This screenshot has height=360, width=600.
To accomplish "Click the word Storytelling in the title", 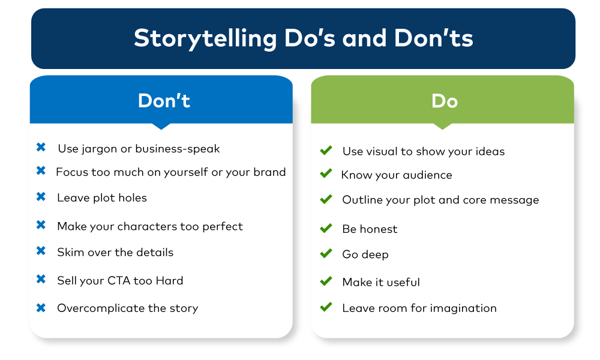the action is coord(205,39).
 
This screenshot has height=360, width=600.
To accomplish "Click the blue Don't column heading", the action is coord(164,101).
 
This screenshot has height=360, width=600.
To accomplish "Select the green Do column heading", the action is coord(445,101).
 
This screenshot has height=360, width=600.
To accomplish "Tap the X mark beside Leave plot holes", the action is coord(41,197).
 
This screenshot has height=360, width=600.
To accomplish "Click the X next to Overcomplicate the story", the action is coord(41,308).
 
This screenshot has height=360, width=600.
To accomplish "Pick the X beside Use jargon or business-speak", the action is coord(41,147).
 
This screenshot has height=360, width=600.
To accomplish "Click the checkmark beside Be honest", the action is coord(326,228).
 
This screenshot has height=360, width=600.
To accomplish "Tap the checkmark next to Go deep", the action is coord(326,253).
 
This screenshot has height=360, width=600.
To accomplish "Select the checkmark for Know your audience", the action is coord(326,173).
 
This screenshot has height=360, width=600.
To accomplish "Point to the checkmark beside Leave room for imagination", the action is coord(326,307).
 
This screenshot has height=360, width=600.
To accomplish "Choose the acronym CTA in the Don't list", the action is coord(119,280).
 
